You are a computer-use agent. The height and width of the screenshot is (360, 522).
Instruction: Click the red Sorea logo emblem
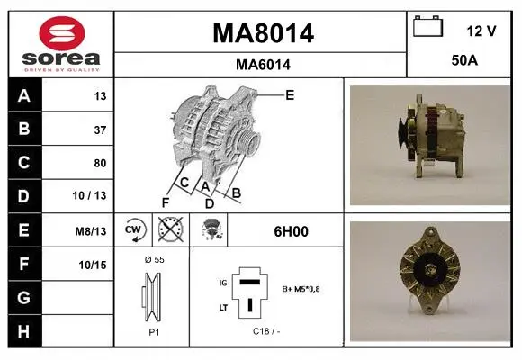point(62,33)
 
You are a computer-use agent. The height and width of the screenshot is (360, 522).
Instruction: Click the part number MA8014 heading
point(263,33)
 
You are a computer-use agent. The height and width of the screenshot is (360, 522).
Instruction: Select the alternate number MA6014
point(263,65)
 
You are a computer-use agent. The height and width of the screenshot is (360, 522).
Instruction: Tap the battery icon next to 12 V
point(428,27)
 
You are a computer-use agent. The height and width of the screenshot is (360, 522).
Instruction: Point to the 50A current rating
point(464,60)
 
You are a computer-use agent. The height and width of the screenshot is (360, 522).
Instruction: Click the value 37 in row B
point(100,130)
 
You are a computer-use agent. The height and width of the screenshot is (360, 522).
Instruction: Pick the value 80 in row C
point(100,163)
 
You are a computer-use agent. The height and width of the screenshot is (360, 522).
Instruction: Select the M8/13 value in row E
point(91,231)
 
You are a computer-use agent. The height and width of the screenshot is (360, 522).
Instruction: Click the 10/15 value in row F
point(93,265)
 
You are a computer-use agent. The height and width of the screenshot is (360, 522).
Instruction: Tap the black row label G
point(24,297)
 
